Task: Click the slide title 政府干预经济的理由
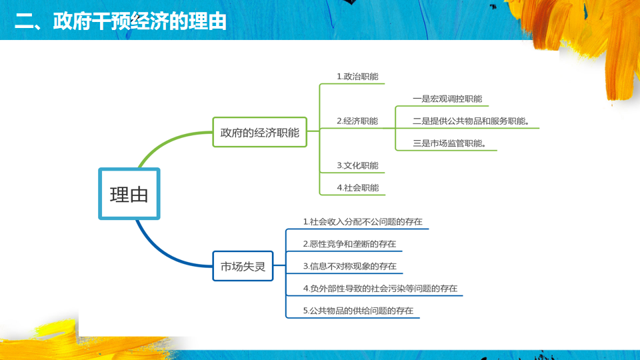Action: coord(120,21)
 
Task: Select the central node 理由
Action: coord(129,194)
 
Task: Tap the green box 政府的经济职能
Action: coord(260,132)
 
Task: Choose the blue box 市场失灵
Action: coord(243,266)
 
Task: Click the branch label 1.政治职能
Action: coord(357,77)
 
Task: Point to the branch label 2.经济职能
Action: coord(357,121)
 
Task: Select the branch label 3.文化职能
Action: coord(357,165)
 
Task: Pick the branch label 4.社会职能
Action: coord(357,188)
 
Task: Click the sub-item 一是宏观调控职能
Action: coord(447,99)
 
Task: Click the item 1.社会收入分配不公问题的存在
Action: coord(363,221)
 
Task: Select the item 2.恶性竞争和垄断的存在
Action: coord(349,244)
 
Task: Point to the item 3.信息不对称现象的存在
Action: coord(349,266)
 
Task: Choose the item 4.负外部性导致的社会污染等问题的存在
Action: coord(380,289)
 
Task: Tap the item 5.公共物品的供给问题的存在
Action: coord(358,311)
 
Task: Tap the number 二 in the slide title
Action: coord(25,21)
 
